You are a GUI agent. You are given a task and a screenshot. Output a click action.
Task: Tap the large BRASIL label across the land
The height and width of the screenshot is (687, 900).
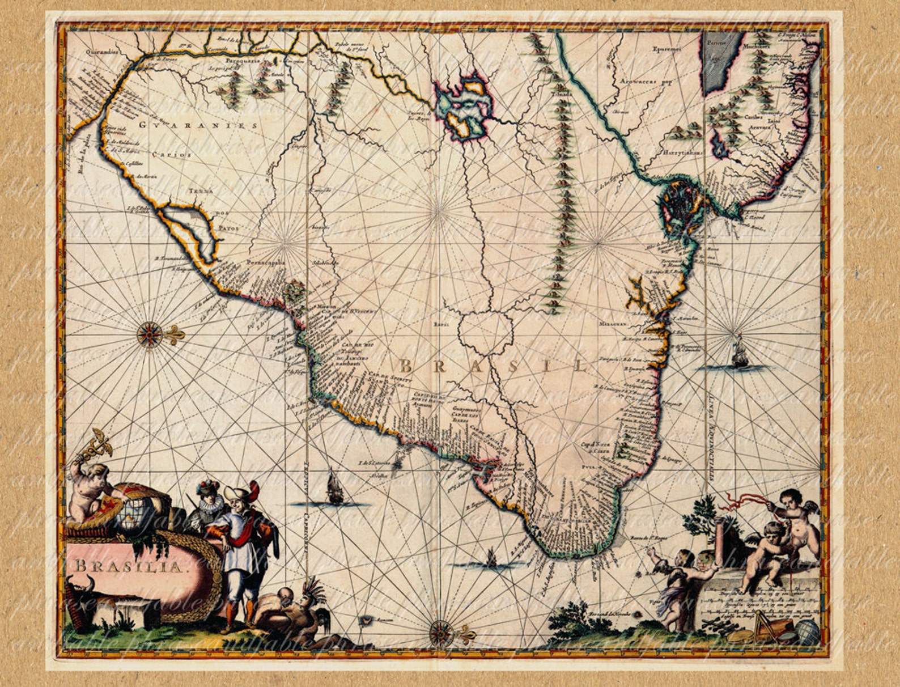[493, 366]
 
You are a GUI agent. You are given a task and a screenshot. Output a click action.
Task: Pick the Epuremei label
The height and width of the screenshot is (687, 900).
[665, 49]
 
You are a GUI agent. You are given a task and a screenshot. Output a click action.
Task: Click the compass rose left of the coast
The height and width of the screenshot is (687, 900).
[149, 334]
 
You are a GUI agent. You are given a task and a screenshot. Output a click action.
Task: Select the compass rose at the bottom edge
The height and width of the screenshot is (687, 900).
[440, 631]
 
